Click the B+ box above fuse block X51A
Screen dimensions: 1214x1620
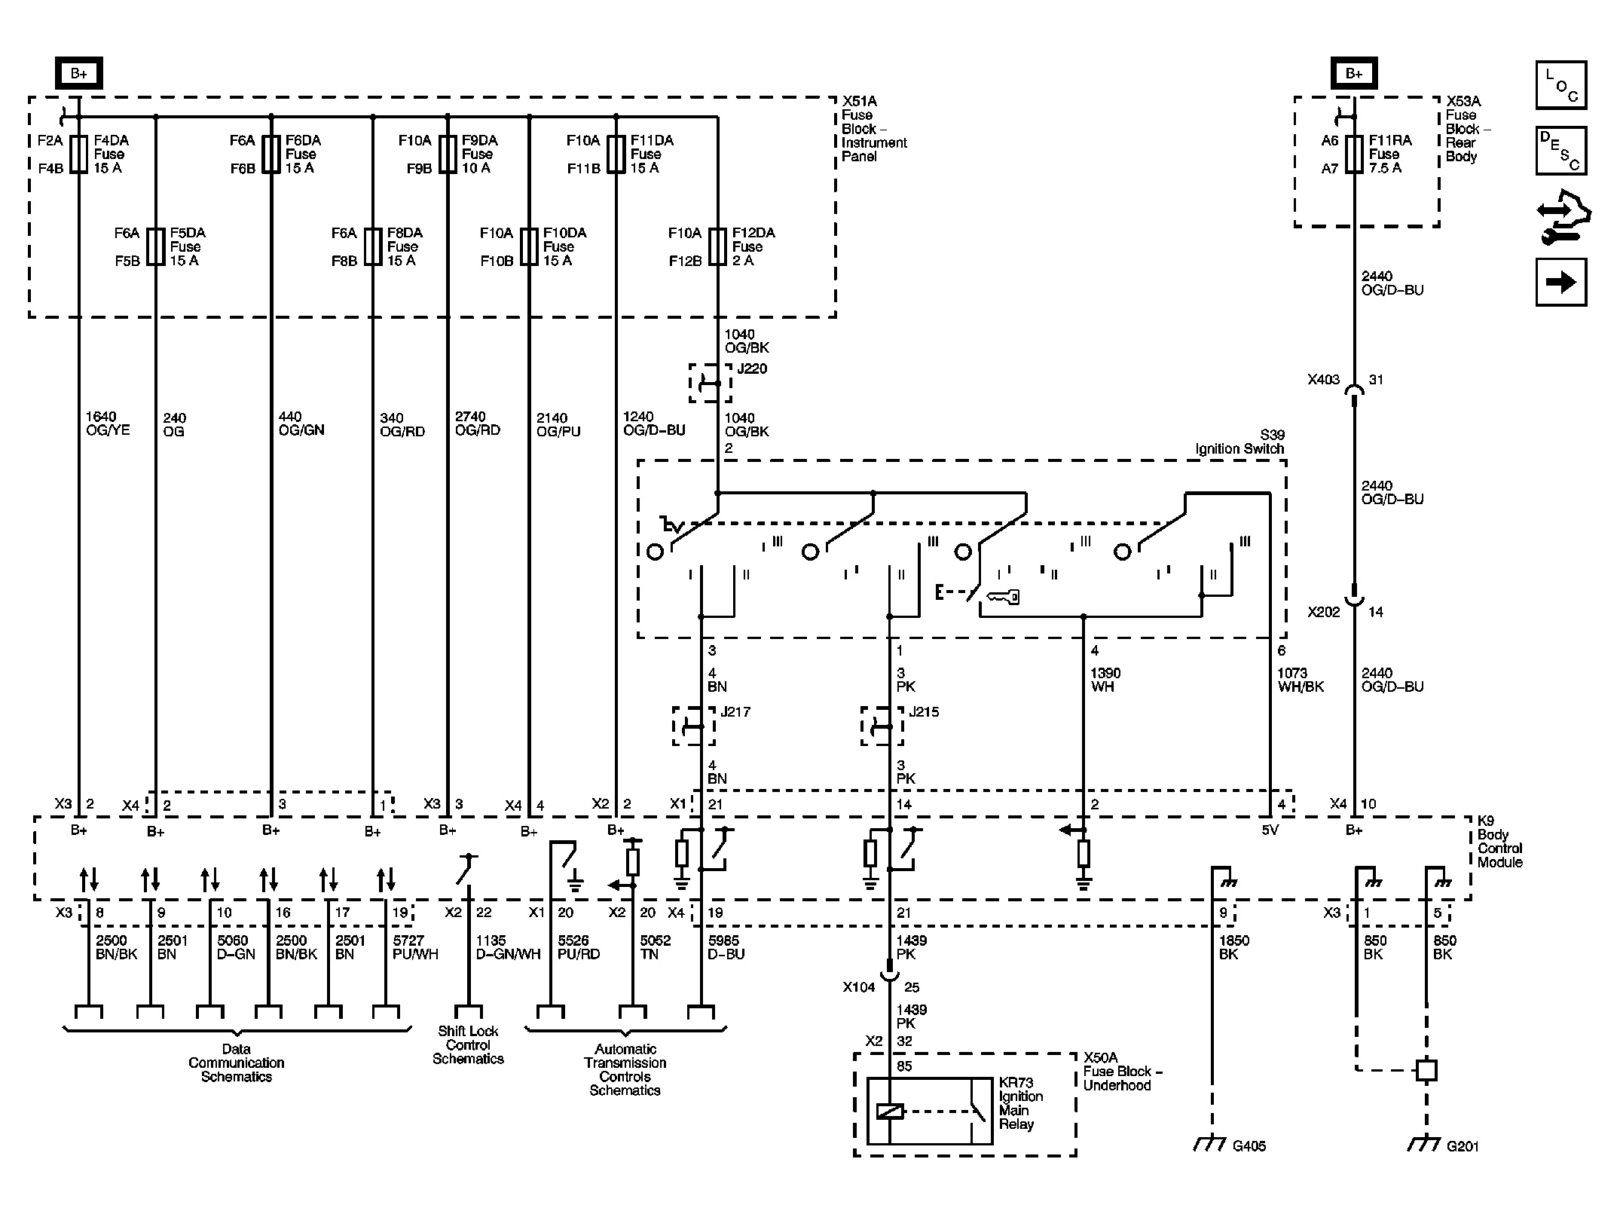pyautogui.click(x=78, y=73)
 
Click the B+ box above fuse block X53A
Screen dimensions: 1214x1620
pyautogui.click(x=1354, y=73)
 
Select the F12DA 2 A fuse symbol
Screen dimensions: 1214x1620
pyautogui.click(x=717, y=246)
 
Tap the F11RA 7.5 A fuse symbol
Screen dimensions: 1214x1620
pyautogui.click(x=1354, y=154)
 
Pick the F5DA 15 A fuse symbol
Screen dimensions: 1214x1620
pyautogui.click(x=155, y=246)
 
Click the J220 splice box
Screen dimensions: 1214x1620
pyautogui.click(x=710, y=384)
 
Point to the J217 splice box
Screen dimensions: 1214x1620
pyautogui.click(x=693, y=726)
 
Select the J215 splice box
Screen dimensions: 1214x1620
pyautogui.click(x=882, y=726)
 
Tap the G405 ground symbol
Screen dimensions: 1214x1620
pyautogui.click(x=1210, y=1145)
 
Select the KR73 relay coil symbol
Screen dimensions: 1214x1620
pyautogui.click(x=890, y=1112)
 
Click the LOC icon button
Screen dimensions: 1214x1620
pyautogui.click(x=1560, y=85)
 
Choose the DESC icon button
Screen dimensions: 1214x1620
pyautogui.click(x=1560, y=151)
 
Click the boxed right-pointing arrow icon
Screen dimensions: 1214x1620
pyautogui.click(x=1560, y=282)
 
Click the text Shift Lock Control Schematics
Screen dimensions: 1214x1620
pyautogui.click(x=468, y=1044)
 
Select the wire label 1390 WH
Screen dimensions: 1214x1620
pyautogui.click(x=1104, y=680)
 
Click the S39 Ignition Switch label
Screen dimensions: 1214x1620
pyautogui.click(x=1239, y=442)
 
